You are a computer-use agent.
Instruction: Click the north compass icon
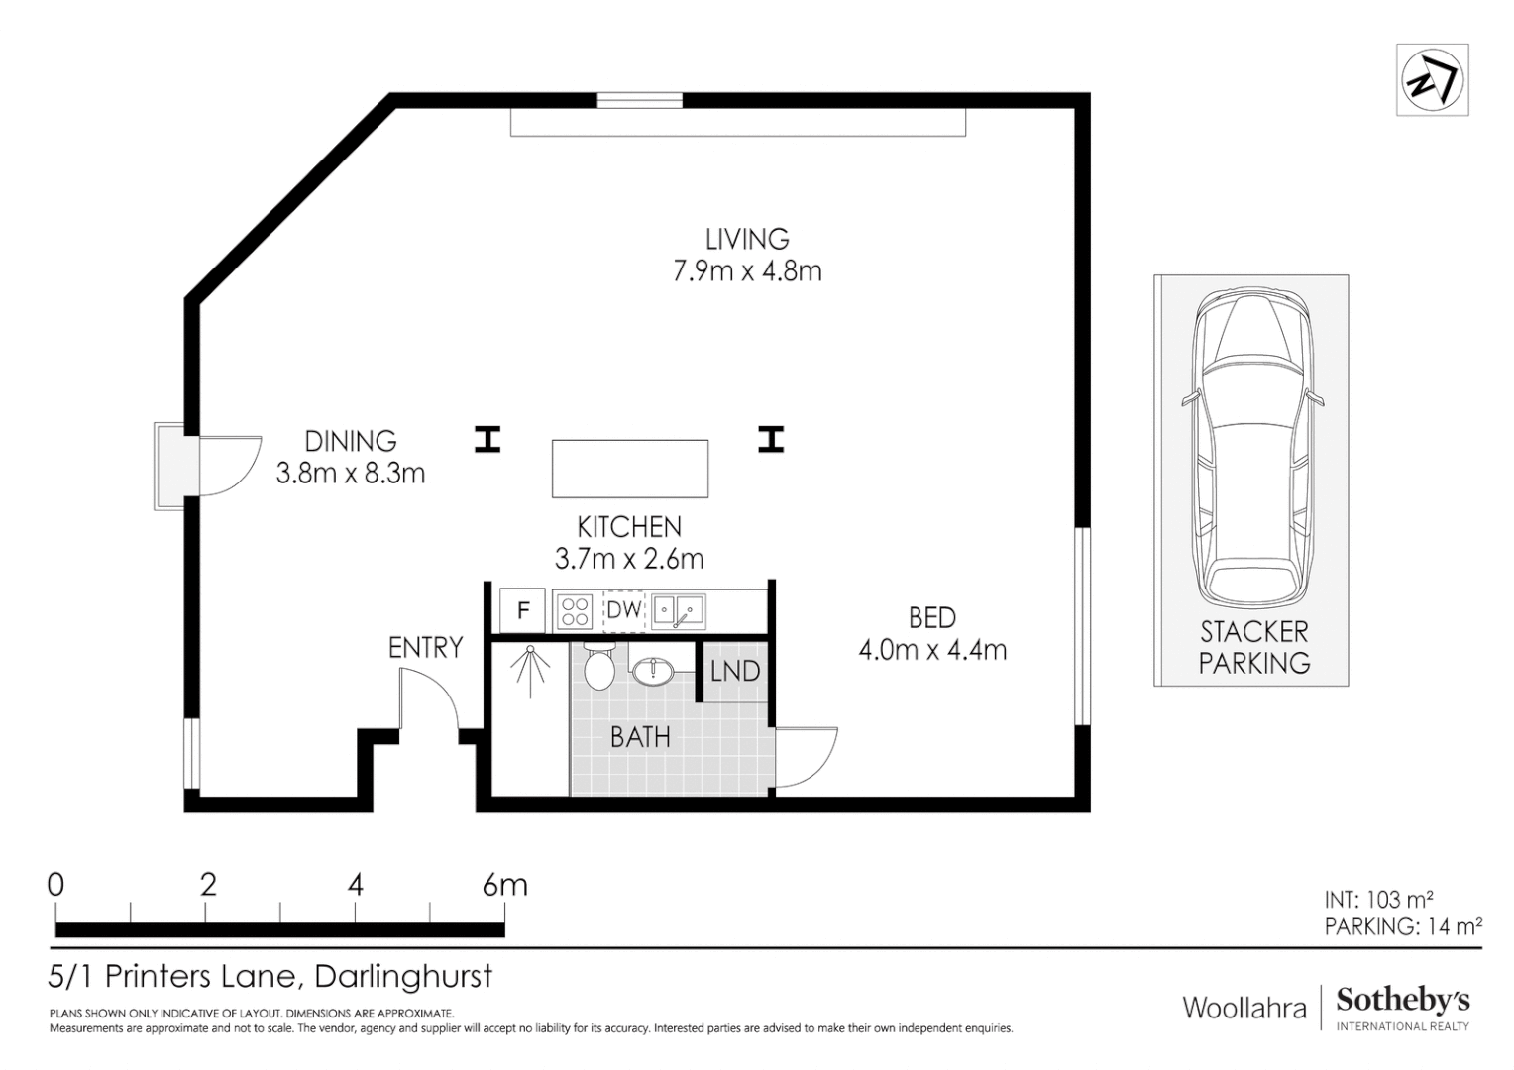click(x=1432, y=80)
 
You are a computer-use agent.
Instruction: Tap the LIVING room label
click(x=747, y=239)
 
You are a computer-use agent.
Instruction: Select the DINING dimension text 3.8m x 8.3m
click(x=351, y=474)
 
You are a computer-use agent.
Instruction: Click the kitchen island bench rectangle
click(x=630, y=469)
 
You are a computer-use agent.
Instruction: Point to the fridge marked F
click(x=523, y=610)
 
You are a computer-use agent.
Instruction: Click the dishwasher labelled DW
click(x=624, y=610)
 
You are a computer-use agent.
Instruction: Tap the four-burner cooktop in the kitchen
click(x=576, y=610)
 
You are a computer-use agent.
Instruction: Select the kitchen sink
click(x=679, y=610)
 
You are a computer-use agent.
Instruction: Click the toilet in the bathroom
click(x=600, y=667)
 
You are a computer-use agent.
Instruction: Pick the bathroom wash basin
click(x=653, y=672)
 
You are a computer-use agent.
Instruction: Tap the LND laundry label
click(x=735, y=672)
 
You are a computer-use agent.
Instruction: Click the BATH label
click(x=640, y=737)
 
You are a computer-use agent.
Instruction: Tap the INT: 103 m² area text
click(x=1378, y=900)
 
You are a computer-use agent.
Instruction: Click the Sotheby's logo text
click(x=1402, y=1000)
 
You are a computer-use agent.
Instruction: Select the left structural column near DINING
click(x=487, y=439)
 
